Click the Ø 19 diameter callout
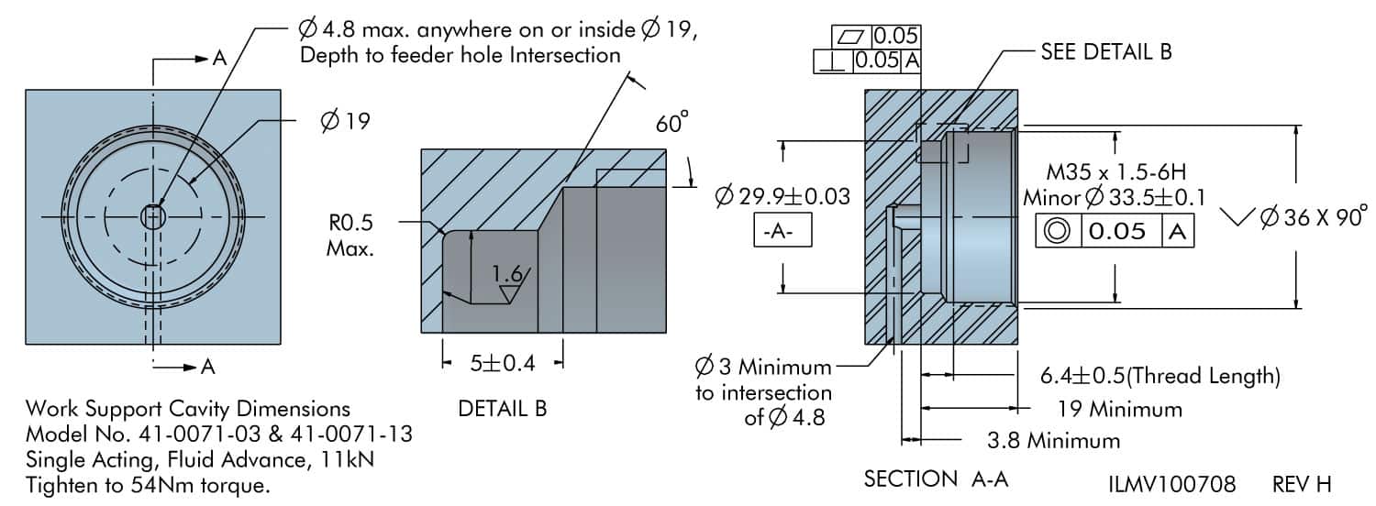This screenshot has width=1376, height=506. coord(345,120)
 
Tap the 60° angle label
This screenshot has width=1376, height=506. coord(672,123)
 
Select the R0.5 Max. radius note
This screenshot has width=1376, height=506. coord(350,236)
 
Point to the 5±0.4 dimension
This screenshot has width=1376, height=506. coord(503,364)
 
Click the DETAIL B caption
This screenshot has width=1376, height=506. coord(503,409)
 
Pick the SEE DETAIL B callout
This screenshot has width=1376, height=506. coord(1106,52)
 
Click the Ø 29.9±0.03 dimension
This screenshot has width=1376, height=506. coord(782,196)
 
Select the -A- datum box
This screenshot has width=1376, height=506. coord(782,230)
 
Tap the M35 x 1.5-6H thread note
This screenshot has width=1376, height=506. coord(1115,172)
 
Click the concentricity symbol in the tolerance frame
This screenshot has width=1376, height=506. coord(1057,232)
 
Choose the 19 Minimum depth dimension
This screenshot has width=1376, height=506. coord(1120,409)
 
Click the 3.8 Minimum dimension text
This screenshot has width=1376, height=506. coord(1053,440)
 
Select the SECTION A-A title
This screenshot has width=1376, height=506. coord(937,479)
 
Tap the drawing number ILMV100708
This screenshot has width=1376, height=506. coord(1172,485)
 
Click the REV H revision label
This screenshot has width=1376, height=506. coord(1302,485)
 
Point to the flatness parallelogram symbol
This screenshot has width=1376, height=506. coord(850,37)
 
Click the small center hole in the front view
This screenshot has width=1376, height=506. coord(153,216)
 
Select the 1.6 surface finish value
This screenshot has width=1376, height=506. coord(506,274)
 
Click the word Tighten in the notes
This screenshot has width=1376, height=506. coord(64,486)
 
